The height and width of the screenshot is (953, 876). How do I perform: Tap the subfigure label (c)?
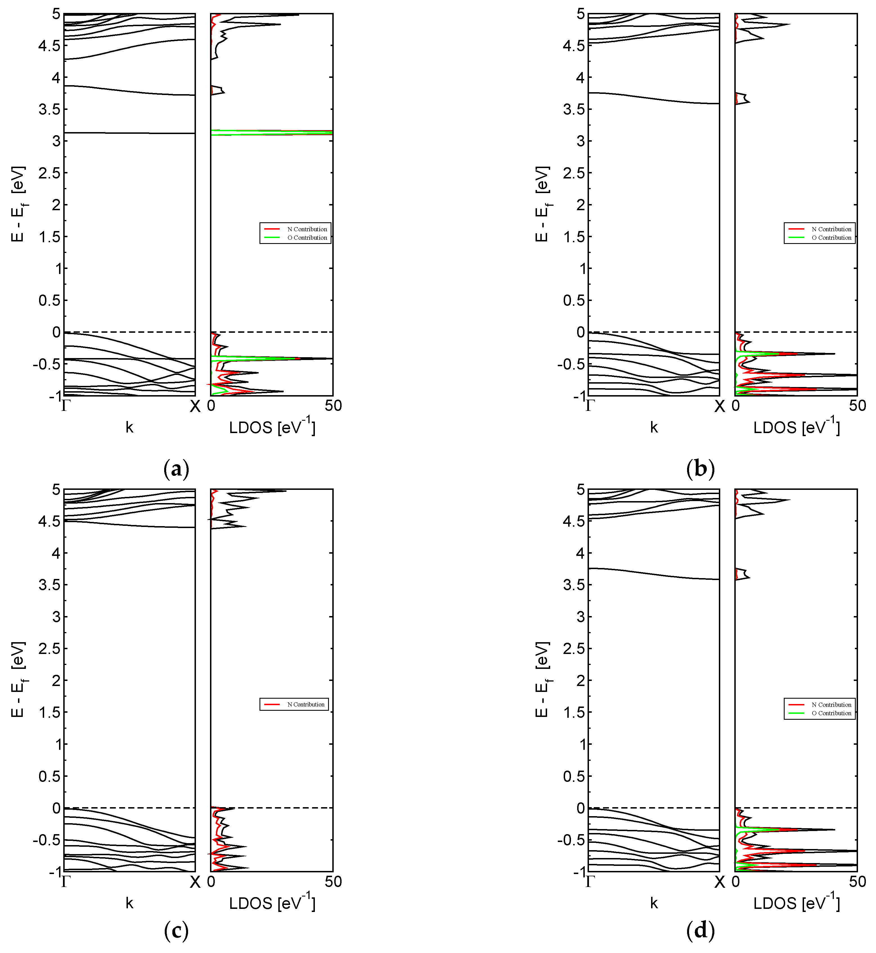point(176,931)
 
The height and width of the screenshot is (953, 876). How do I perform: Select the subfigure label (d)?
point(700,931)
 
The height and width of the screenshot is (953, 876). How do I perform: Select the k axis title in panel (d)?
point(654,903)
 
